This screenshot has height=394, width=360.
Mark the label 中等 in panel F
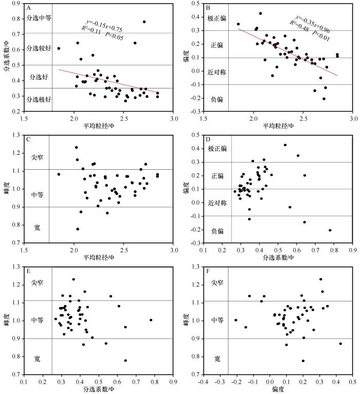coord(218,320)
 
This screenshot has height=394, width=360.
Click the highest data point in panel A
coord(144,22)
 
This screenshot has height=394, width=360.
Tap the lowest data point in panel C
coord(78,229)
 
